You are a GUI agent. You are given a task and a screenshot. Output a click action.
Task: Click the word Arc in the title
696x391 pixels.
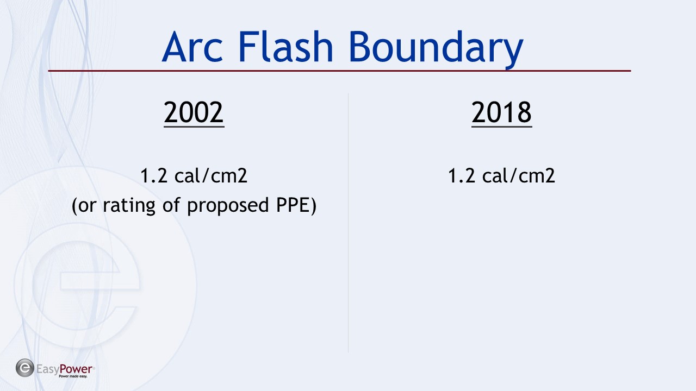coord(192,47)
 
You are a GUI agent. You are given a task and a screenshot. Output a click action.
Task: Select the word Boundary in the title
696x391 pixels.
coord(436,49)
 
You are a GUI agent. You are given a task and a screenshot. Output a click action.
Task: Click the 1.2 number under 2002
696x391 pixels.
coord(154,175)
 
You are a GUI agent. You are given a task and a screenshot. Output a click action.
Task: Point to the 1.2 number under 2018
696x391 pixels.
coord(462,175)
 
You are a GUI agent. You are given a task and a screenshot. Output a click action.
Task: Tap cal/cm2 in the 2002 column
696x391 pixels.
coord(210,175)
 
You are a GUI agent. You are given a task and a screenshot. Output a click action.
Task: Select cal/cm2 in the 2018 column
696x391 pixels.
coord(518,175)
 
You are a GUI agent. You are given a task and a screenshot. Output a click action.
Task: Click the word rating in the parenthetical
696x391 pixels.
coord(129,205)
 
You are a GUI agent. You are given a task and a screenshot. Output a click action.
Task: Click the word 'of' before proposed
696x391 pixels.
coord(171,205)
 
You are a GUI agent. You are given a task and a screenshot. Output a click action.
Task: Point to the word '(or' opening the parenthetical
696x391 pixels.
coord(84,206)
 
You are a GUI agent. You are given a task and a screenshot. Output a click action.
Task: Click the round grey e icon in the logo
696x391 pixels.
coord(25,368)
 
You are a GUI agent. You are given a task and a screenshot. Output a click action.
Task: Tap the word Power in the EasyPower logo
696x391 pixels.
coord(76,369)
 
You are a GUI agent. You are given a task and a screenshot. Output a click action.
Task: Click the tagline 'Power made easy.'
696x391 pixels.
coord(73,376)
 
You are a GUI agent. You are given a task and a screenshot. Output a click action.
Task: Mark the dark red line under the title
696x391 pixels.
coord(339,71)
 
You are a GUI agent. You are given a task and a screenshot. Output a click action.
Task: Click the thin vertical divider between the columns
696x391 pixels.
coord(348,223)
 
